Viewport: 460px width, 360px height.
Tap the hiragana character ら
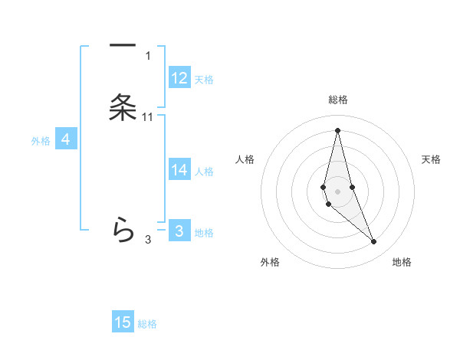123,229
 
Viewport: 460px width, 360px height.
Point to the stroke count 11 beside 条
148,117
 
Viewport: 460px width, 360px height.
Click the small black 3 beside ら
148,240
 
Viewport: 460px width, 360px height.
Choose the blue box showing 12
179,78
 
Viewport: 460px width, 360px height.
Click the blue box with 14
179,170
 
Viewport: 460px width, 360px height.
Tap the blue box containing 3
179,231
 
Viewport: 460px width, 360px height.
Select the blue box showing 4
66,139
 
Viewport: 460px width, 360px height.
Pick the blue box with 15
123,322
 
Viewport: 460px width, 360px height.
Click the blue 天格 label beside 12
204,80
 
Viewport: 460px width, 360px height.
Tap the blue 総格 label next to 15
147,324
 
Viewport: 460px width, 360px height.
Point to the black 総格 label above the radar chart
338,100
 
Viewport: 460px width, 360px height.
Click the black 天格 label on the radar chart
432,159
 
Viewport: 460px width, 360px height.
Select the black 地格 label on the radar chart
402,262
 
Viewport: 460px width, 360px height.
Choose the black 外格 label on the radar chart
269,262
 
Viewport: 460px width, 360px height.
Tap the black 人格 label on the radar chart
245,159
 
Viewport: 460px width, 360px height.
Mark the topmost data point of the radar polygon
337,129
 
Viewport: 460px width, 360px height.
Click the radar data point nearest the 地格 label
374,242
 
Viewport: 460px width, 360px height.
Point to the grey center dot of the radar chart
337,191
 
